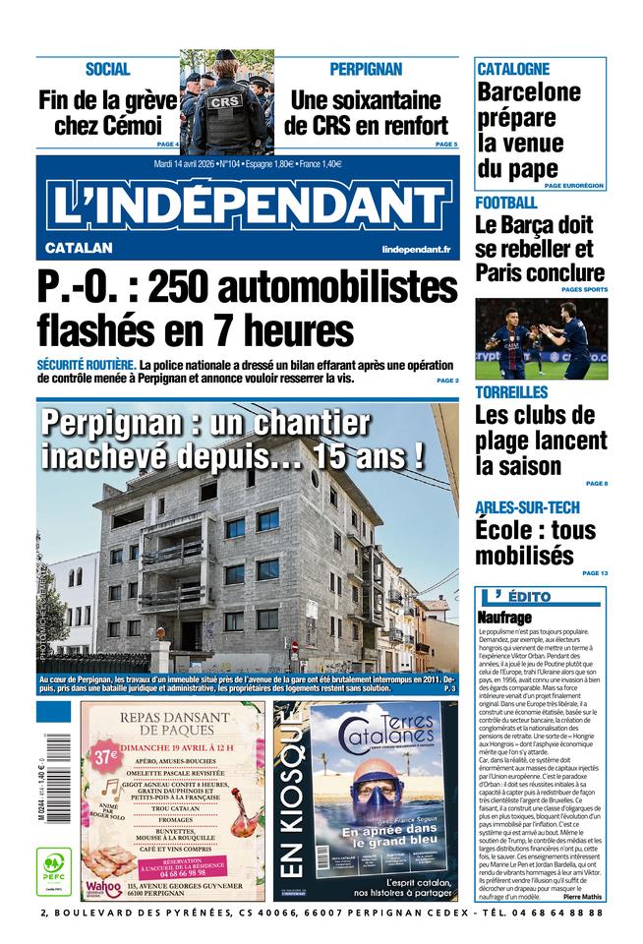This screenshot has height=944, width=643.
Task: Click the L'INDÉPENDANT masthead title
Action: point(248,205)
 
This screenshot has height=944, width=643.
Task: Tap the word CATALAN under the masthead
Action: point(79,248)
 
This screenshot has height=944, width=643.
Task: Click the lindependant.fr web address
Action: point(416,250)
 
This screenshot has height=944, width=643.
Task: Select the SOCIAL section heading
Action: point(108,69)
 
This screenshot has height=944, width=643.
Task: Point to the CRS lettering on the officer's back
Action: point(226,100)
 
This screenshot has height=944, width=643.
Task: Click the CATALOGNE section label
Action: point(513,69)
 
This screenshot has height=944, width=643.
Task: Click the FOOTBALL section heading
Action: point(506,203)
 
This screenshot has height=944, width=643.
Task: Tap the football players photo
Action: point(541,339)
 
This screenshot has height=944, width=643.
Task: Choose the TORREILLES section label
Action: point(511,392)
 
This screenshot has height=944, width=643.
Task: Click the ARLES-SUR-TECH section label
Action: point(528,506)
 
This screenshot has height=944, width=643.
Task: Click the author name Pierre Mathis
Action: point(584,897)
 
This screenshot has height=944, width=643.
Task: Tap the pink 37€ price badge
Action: point(105,756)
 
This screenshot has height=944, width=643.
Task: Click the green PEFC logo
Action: point(54,869)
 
